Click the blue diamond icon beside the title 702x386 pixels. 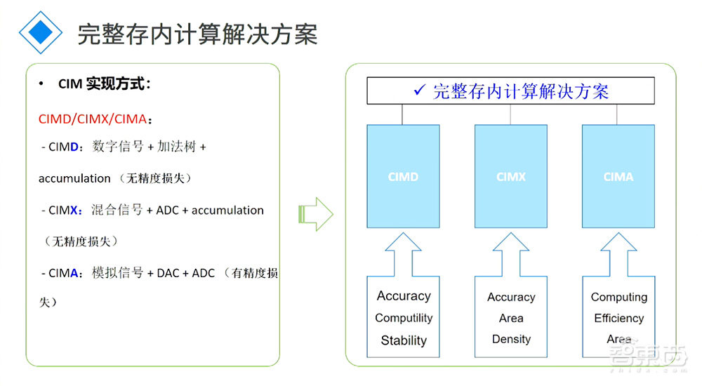[x=40, y=32]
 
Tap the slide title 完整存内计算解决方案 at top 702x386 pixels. [x=197, y=33]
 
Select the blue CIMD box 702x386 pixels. [x=403, y=177]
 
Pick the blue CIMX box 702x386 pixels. [x=510, y=177]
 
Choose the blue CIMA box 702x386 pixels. [x=618, y=177]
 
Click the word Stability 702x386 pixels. [x=404, y=340]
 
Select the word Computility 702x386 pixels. [x=404, y=318]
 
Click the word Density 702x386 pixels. [x=511, y=339]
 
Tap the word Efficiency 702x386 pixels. [x=619, y=318]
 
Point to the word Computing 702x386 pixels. [x=619, y=297]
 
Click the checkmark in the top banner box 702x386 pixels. [x=420, y=90]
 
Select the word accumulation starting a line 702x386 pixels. [x=74, y=178]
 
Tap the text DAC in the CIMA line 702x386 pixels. [x=168, y=273]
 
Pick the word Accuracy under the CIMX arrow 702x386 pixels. [x=511, y=297]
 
